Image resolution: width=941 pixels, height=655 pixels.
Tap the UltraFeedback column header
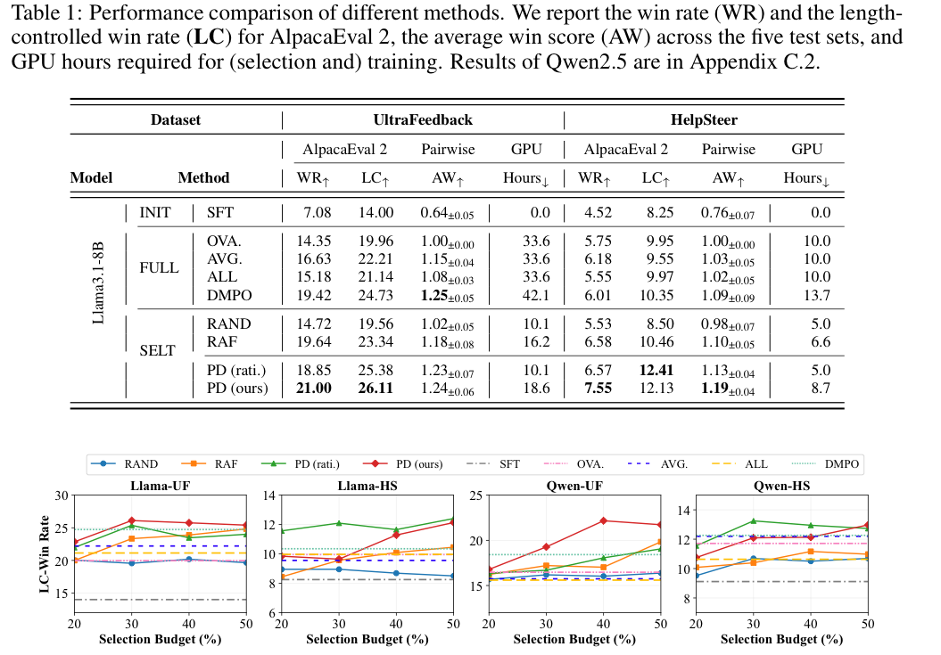point(423,119)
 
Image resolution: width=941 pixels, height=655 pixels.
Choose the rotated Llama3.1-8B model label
point(101,268)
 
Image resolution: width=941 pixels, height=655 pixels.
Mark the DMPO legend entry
point(839,463)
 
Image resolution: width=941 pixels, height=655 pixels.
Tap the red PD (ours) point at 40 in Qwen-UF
point(604,520)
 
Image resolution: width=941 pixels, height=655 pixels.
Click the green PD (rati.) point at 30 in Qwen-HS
point(753,520)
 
